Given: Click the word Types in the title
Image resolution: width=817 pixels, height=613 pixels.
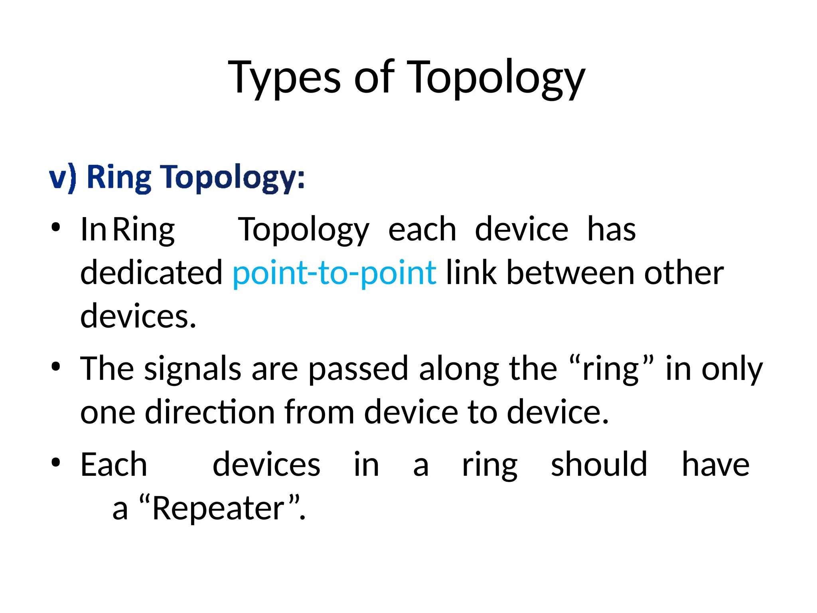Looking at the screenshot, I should (x=284, y=78).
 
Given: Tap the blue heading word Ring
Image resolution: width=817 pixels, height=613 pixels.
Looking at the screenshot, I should (x=119, y=178).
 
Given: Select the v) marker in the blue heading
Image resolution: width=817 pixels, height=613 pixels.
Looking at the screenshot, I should (x=63, y=178).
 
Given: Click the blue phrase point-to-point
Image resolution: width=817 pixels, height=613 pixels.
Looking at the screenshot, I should (x=334, y=273).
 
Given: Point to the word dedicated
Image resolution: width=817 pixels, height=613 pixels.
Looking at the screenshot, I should (x=151, y=273).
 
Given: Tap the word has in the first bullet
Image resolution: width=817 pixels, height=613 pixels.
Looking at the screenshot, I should (x=611, y=229).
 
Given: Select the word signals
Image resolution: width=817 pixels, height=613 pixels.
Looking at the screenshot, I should (x=192, y=369).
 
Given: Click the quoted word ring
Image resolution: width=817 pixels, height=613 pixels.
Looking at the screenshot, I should (x=610, y=369).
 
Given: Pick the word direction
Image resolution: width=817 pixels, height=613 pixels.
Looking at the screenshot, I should (x=209, y=412).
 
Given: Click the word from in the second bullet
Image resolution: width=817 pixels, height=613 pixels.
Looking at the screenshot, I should (x=319, y=412).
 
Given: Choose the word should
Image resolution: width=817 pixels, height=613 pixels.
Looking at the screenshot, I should (x=598, y=465).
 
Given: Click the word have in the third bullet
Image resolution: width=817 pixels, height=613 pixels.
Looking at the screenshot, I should (x=715, y=465).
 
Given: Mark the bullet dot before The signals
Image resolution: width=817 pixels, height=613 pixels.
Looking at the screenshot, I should (x=55, y=366).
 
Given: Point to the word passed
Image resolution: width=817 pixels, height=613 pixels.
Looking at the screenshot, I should (x=358, y=369).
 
